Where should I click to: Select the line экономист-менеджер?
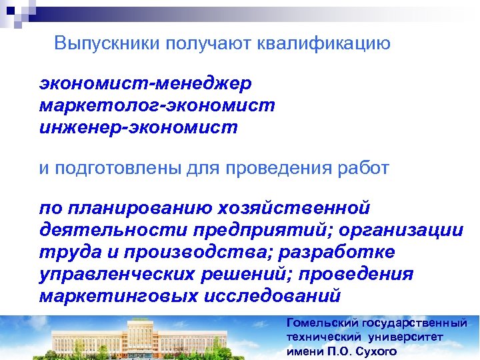point(145,85)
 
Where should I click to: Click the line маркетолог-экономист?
point(157,105)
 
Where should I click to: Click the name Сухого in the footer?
point(378,351)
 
